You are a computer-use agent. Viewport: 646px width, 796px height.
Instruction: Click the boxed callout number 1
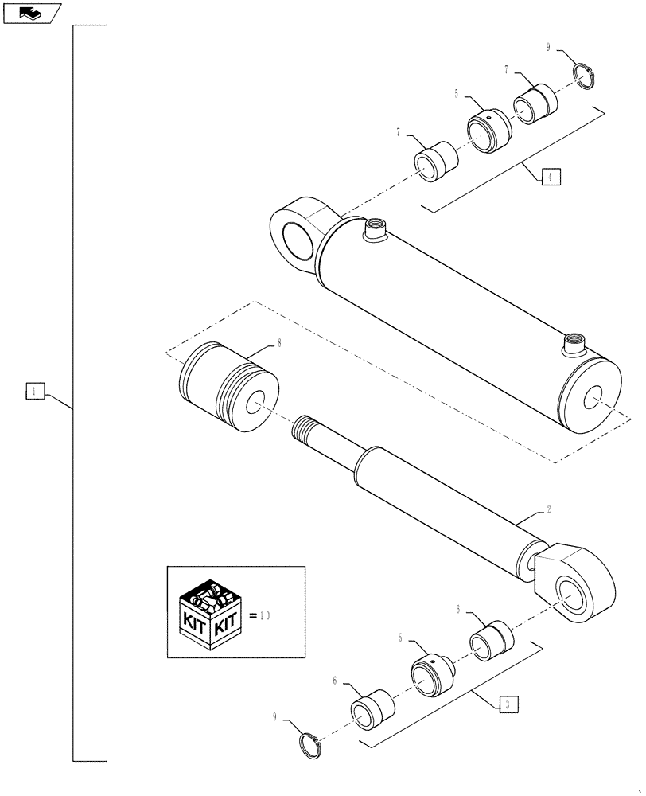[35, 390]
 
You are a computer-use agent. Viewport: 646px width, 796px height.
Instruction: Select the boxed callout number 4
[551, 177]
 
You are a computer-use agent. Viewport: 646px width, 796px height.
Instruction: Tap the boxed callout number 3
[508, 704]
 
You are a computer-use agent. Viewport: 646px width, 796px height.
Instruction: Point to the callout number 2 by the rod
[548, 508]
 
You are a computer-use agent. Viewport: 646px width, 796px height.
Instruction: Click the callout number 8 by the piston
[278, 343]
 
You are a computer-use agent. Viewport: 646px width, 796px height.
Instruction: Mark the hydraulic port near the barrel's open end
[572, 346]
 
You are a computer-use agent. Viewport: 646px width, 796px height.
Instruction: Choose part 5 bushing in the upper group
[487, 130]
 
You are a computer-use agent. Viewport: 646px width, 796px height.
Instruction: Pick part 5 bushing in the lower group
[431, 675]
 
